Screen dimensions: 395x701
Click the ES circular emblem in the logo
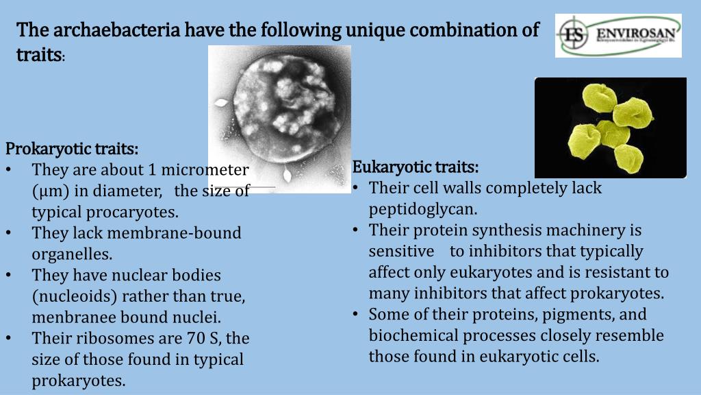573,34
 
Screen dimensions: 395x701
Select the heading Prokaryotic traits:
72,149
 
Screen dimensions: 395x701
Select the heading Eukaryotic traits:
416,167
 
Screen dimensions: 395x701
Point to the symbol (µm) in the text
50,191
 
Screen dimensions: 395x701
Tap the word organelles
72,254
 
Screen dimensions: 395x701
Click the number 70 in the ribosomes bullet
196,339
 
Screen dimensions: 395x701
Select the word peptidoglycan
423,209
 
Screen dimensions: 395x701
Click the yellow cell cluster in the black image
609,130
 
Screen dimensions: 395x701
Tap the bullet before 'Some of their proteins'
357,315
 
